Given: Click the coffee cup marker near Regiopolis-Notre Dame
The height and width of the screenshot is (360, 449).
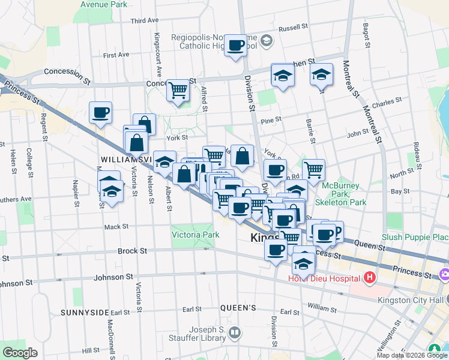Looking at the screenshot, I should [236, 45].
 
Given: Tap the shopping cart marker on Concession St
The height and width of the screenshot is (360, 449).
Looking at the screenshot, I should [178, 90].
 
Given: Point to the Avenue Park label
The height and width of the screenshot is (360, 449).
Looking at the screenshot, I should [104, 4].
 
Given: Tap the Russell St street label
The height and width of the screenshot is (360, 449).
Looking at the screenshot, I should [293, 27].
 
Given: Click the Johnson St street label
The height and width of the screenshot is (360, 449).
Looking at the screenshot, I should [113, 277].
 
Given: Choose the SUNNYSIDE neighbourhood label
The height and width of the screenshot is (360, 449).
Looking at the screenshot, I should [85, 313].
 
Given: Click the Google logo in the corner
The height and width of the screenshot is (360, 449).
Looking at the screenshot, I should [20, 353].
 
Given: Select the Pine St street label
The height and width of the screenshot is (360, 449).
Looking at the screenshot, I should [271, 120].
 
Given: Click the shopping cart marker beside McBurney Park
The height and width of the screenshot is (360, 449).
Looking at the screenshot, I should [313, 170].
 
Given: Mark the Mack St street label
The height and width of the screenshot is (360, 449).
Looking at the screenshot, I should [116, 227].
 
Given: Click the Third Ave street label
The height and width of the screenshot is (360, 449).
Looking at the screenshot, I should [144, 20].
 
